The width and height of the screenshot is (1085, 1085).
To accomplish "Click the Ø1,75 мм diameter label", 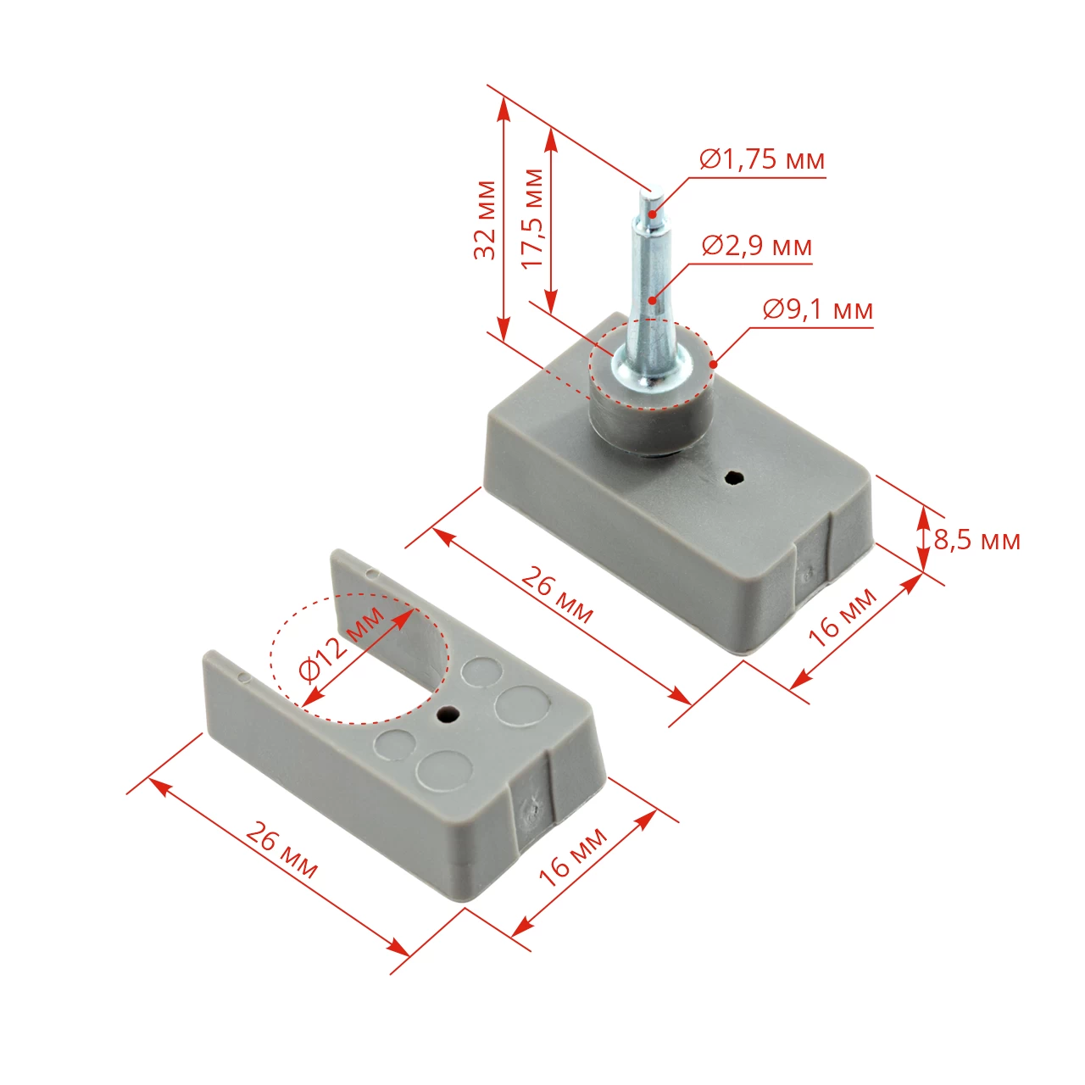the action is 762,160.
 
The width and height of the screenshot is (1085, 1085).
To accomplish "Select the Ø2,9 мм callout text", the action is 757,247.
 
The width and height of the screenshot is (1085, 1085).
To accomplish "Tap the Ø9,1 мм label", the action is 818,309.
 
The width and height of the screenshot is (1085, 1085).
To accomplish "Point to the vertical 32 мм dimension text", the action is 485,220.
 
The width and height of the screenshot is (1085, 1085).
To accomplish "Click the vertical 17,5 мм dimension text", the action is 532,219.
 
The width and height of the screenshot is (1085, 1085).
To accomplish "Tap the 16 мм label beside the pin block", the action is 843,617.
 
